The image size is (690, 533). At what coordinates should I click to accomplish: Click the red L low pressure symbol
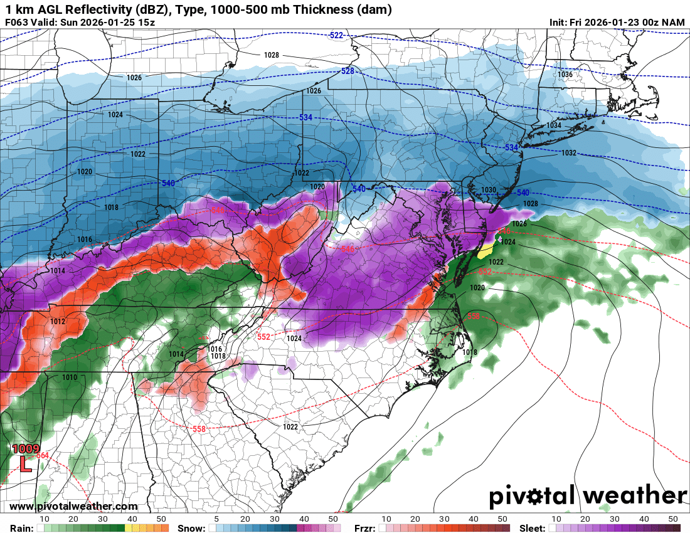24,464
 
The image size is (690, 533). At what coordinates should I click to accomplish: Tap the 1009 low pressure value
26,450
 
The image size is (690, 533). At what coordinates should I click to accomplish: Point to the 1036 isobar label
565,75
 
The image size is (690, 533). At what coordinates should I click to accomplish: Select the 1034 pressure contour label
553,125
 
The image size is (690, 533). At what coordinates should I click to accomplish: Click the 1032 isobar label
568,153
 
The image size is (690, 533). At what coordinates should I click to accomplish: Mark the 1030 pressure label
489,190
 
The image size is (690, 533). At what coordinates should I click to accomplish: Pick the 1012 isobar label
58,322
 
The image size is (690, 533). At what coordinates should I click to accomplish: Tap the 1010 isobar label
69,377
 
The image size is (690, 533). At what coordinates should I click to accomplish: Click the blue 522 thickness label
336,36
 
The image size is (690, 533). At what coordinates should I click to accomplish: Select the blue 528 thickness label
348,71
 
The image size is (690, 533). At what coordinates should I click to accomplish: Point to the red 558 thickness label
199,428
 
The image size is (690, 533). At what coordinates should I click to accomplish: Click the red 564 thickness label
43,455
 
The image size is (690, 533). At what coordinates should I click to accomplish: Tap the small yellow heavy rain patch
485,252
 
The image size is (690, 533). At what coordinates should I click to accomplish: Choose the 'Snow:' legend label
191,528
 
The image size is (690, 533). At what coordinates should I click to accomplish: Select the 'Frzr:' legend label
365,528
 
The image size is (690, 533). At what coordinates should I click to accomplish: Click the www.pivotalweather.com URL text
73,507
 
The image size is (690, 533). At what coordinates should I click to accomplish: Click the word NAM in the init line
674,22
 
